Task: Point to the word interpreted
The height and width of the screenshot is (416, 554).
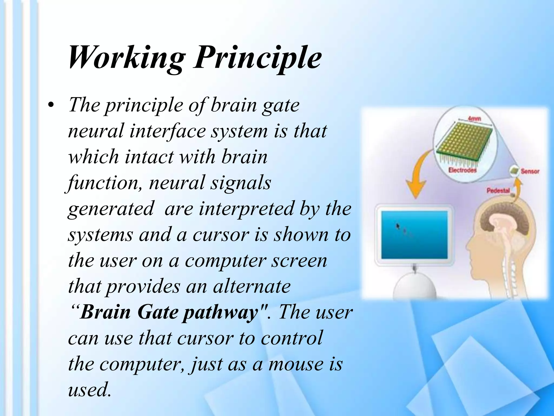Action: pos(246,209)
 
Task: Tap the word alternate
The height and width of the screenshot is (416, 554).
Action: pos(252,287)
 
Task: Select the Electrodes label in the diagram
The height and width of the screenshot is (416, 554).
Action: pos(462,170)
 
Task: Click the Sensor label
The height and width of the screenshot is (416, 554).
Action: pos(530,171)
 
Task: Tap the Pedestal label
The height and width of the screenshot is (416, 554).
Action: pos(498,191)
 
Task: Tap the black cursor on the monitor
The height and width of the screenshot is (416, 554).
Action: pos(398,226)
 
